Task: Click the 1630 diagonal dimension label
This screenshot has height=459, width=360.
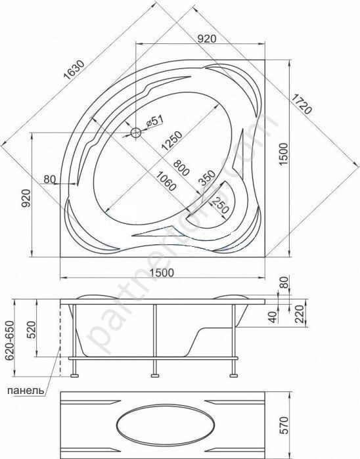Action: coord(74,70)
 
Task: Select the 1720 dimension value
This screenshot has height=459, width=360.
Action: coord(302,104)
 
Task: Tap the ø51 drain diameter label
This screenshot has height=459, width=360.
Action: coord(154,121)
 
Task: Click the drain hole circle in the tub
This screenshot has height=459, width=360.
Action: coord(136,133)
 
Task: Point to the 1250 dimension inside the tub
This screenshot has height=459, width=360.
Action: coord(172,141)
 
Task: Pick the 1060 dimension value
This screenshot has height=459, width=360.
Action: coord(166,181)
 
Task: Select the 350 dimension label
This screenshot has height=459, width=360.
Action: coord(207,177)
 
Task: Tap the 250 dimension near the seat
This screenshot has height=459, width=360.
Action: coord(219,206)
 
